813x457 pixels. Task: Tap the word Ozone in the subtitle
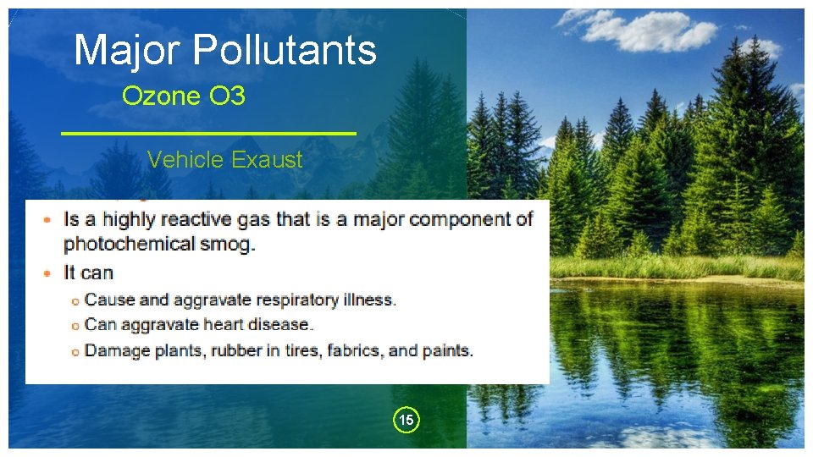click(x=160, y=96)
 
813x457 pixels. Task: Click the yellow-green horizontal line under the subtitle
click(x=209, y=134)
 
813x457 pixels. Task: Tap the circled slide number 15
click(x=406, y=420)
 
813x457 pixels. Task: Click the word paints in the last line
click(x=448, y=350)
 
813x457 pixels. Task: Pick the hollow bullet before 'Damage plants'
click(x=75, y=351)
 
